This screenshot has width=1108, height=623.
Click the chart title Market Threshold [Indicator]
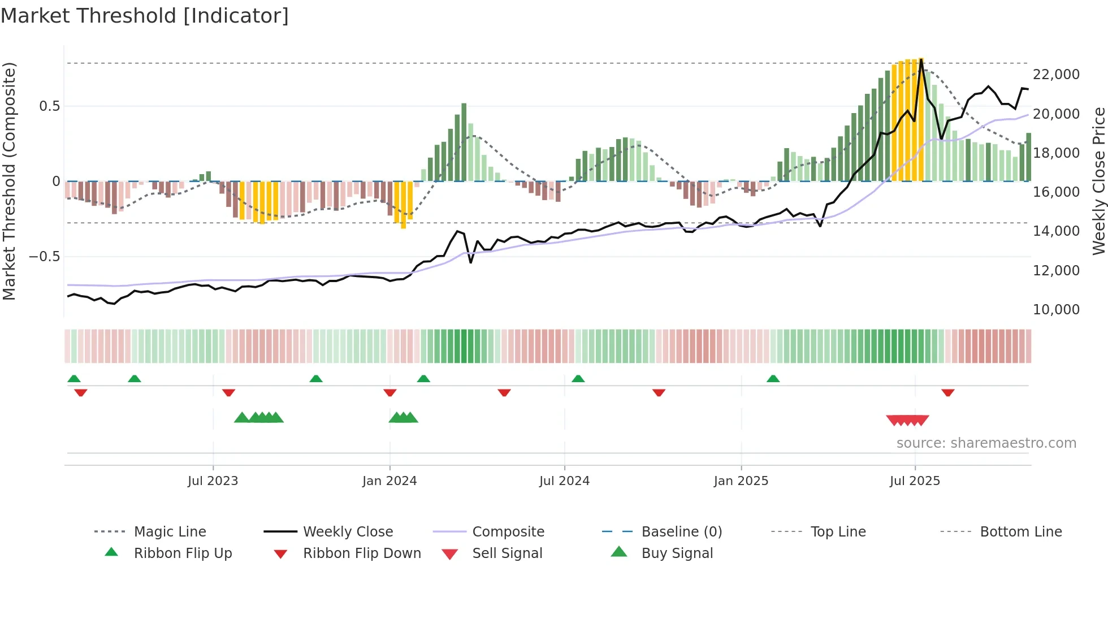pos(145,16)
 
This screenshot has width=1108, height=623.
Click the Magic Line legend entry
pos(170,531)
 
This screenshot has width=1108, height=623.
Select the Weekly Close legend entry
pos(348,531)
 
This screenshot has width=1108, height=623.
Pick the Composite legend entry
pos(508,531)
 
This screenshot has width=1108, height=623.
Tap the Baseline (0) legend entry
pos(681,531)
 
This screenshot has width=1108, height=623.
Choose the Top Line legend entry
pos(838,531)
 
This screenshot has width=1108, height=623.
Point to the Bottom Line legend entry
pos(1020,531)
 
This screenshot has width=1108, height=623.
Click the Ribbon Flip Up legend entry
pos(183,553)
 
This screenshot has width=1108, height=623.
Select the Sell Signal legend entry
pos(507,553)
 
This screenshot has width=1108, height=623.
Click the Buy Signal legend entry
pos(677,553)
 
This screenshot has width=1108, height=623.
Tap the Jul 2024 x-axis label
pos(564,481)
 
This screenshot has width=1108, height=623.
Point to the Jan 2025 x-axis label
pos(741,481)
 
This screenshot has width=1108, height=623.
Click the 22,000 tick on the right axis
pos(1055,74)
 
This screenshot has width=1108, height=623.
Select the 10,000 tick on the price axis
pos(1055,309)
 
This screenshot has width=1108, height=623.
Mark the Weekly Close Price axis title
pos(1098,181)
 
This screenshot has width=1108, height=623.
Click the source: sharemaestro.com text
pos(986,443)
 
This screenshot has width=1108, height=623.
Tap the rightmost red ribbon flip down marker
pos(947,392)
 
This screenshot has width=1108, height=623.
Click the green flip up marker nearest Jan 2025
pos(773,379)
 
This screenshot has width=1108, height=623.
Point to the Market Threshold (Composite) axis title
pos(9,181)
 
